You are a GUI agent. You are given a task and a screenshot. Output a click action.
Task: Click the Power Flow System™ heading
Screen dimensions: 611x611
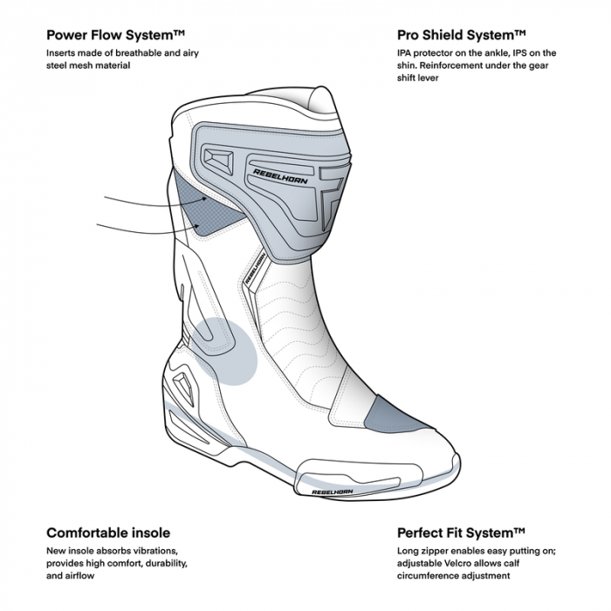click(x=115, y=35)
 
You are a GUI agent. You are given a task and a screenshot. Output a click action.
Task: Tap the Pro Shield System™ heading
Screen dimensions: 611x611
click(x=461, y=35)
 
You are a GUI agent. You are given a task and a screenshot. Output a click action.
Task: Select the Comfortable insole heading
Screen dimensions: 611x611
click(x=108, y=532)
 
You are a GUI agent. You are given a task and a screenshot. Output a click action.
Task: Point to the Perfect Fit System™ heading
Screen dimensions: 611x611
click(x=461, y=532)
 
